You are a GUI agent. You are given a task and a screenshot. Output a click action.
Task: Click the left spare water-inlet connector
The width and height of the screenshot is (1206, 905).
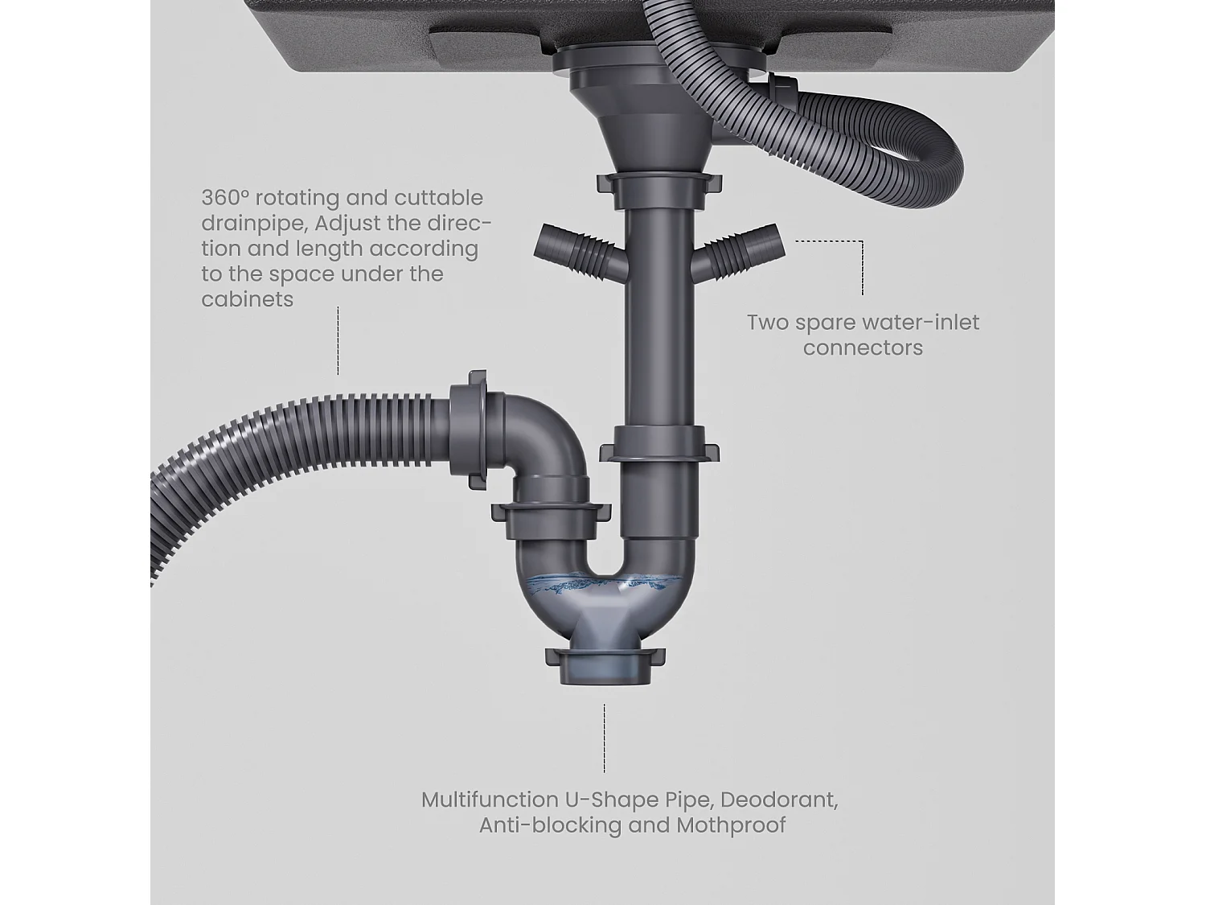[x=572, y=250]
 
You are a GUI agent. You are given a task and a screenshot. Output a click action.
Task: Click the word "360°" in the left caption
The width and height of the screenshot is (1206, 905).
[x=225, y=198]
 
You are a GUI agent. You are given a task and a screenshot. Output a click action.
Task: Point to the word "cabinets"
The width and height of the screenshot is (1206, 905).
[x=247, y=299]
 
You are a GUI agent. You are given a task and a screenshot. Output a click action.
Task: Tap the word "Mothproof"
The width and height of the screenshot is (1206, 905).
[x=731, y=825]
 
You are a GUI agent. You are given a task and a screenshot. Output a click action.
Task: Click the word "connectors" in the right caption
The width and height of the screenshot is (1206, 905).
[x=863, y=348]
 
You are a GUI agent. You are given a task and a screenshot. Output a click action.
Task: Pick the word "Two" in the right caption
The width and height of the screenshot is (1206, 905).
[x=768, y=323]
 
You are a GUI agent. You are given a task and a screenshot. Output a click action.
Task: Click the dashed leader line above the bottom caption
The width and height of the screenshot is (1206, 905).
[x=605, y=738]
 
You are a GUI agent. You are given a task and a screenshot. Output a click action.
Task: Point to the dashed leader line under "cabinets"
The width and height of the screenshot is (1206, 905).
[x=338, y=340]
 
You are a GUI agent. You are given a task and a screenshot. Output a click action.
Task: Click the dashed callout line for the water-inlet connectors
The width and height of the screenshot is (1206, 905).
[x=861, y=265]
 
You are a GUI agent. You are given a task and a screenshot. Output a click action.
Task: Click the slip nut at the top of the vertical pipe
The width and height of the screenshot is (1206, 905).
[x=658, y=187]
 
